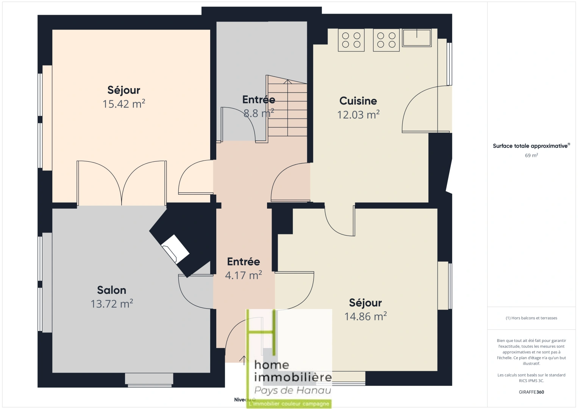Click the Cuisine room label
[x=358, y=101]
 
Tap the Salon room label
[x=111, y=290]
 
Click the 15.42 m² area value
[x=124, y=104]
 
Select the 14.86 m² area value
[x=366, y=317]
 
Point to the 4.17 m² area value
[x=244, y=275]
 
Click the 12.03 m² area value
[x=358, y=115]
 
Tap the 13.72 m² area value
[x=112, y=304]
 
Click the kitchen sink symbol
[x=417, y=38]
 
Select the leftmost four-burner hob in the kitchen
[x=351, y=40]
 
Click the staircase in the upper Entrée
[x=287, y=108]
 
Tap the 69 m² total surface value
[x=531, y=156]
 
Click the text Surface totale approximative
[x=530, y=146]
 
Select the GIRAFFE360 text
[x=531, y=392]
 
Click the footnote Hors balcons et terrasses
[x=531, y=318]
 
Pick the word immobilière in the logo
[x=293, y=377]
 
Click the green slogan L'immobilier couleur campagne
[x=289, y=404]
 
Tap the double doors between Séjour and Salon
[x=122, y=184]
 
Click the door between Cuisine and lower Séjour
[x=340, y=222]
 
